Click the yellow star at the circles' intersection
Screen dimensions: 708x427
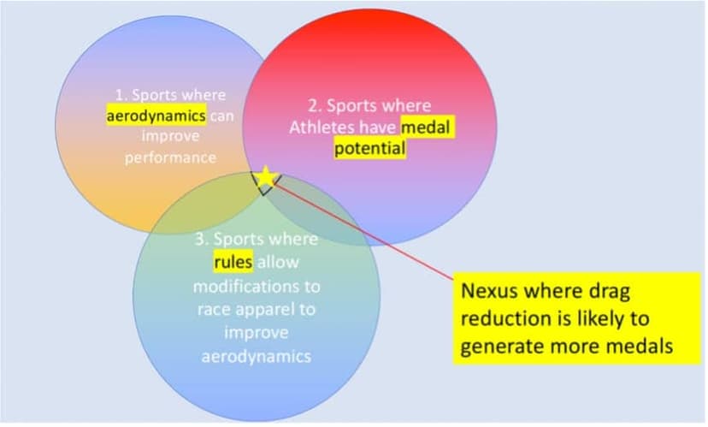[265, 176]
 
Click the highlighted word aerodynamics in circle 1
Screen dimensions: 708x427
[156, 116]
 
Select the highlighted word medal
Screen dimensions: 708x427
[425, 128]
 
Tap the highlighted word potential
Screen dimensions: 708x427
[369, 148]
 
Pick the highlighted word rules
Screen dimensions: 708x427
[233, 262]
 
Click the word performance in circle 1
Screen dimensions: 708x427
[170, 158]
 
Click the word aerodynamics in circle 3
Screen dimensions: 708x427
[257, 357]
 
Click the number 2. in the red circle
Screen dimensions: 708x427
[315, 106]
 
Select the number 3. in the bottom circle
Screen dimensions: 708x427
[202, 239]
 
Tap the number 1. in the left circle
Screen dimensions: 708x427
[121, 95]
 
